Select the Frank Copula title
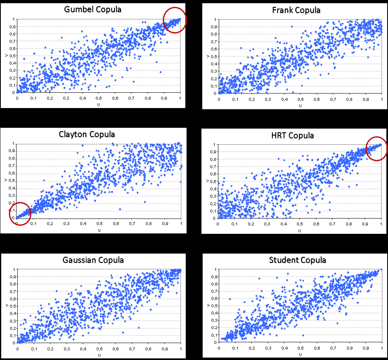[296, 10]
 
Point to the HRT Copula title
[293, 135]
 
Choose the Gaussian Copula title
[93, 260]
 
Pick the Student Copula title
[297, 260]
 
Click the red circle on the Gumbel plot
[175, 20]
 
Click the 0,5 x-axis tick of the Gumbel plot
[98, 98]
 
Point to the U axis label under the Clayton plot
[99, 230]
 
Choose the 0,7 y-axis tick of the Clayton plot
[12, 166]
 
